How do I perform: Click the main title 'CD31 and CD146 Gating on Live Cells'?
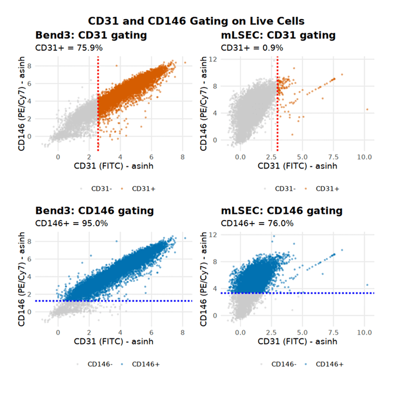click(196, 21)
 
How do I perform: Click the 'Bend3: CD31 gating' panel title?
click(91, 35)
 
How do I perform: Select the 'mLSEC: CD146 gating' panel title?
click(281, 211)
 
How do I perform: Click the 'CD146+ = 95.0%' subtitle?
click(72, 223)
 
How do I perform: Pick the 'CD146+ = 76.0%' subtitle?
click(257, 223)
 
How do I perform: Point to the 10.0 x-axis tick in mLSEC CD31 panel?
click(364, 157)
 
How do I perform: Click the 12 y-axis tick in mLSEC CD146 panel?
click(212, 234)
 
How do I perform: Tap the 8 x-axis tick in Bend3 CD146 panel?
click(182, 332)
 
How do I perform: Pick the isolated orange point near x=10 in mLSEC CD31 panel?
click(367, 110)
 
